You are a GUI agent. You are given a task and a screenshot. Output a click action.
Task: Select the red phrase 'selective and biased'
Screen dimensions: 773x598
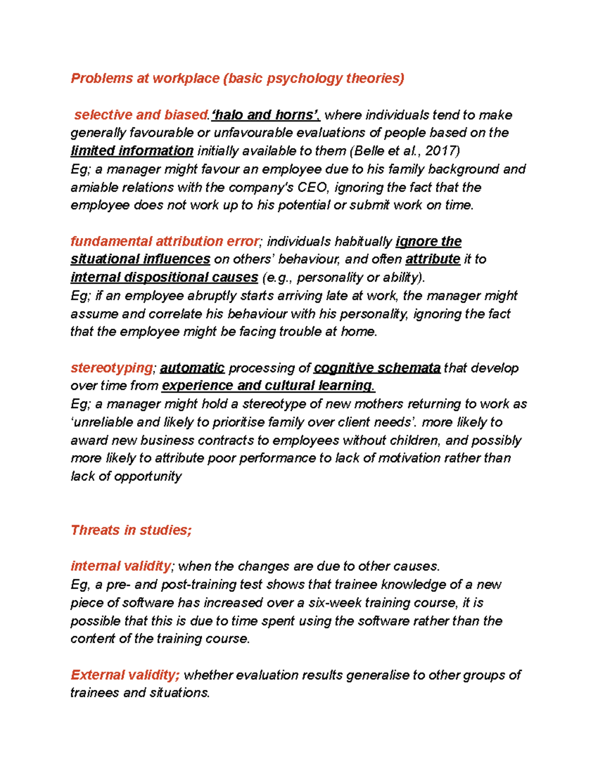[x=141, y=115]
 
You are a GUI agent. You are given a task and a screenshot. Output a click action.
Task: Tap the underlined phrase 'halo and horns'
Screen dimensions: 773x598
[x=264, y=115]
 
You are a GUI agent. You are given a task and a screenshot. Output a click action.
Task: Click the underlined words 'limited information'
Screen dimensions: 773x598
[x=132, y=151]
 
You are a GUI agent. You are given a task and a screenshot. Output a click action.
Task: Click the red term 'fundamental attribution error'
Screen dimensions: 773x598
[x=164, y=241]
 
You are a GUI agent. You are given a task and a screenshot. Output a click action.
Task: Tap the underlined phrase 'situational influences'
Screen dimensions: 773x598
[x=140, y=259]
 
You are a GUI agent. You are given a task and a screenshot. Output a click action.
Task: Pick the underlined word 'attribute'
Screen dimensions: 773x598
[x=433, y=259]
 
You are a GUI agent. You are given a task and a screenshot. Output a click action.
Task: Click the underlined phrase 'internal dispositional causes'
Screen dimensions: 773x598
[x=164, y=277]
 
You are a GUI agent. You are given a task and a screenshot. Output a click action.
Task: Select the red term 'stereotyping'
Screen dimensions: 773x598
[x=112, y=368]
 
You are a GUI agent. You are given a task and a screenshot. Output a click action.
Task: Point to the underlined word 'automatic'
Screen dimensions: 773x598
[x=192, y=368]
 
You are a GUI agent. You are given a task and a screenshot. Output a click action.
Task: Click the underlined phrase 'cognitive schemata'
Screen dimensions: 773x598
[x=377, y=368]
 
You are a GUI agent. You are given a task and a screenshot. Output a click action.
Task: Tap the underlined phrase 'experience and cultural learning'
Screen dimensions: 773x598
[x=268, y=386]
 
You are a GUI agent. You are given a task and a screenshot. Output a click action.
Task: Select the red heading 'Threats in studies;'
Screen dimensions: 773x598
[x=131, y=530]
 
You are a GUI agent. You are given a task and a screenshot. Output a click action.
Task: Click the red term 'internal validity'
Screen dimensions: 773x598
[x=121, y=566]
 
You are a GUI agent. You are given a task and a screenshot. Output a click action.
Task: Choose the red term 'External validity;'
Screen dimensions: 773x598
[x=125, y=675]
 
